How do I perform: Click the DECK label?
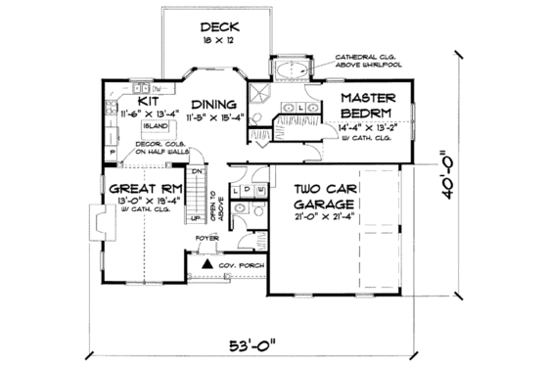click(215, 27)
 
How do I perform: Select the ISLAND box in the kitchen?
click(154, 126)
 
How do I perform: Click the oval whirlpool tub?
click(294, 70)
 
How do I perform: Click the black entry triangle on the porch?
click(207, 264)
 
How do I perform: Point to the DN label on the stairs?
click(195, 172)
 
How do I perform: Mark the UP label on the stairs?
click(194, 218)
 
